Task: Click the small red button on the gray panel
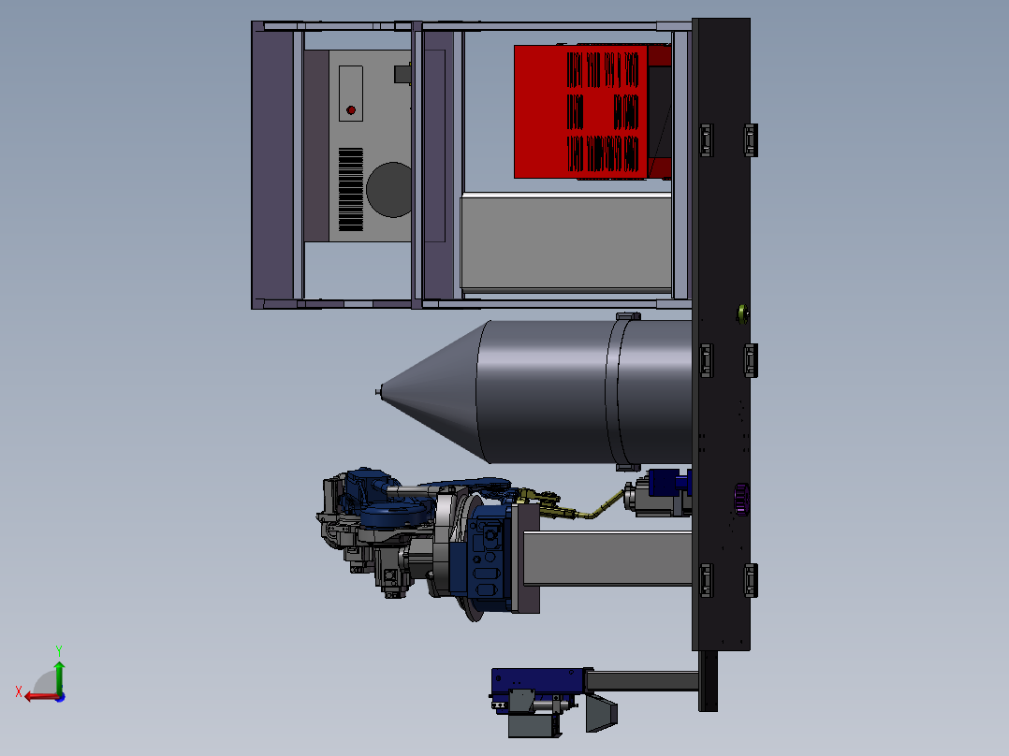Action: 351,110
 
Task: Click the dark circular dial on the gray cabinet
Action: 389,190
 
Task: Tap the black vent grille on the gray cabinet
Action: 351,190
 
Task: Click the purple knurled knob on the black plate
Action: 741,500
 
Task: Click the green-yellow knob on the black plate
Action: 742,314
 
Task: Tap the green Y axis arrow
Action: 59,676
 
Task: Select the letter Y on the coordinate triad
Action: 59,650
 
